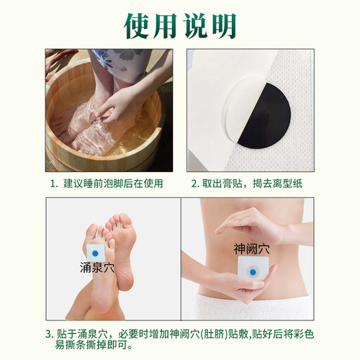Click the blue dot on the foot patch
click(96, 251)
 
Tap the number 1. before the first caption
click(55, 184)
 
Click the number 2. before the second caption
click(195, 184)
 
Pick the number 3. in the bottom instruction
click(48, 333)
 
